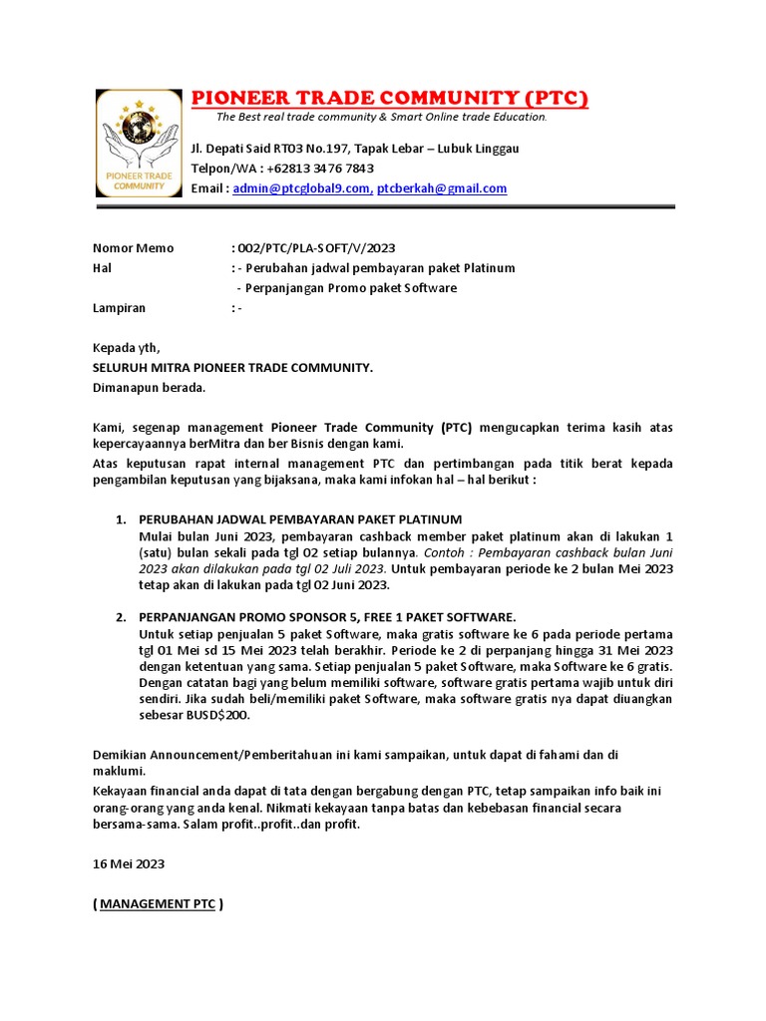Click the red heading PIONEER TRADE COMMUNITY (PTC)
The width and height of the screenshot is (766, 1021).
click(389, 98)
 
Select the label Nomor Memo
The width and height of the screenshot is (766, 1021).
click(133, 248)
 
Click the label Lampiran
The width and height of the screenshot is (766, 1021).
click(119, 308)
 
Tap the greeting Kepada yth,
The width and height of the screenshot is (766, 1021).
click(126, 348)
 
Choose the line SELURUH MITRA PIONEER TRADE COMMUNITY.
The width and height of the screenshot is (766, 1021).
click(232, 368)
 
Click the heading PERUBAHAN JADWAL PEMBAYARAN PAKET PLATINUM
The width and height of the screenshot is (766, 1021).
click(300, 519)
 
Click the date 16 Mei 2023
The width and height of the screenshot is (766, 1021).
click(129, 863)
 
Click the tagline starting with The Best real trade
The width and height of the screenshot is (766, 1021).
click(382, 118)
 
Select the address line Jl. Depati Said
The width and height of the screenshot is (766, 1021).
click(354, 149)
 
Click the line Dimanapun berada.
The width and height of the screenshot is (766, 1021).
click(149, 388)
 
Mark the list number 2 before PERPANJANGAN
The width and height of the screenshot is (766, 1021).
click(120, 617)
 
